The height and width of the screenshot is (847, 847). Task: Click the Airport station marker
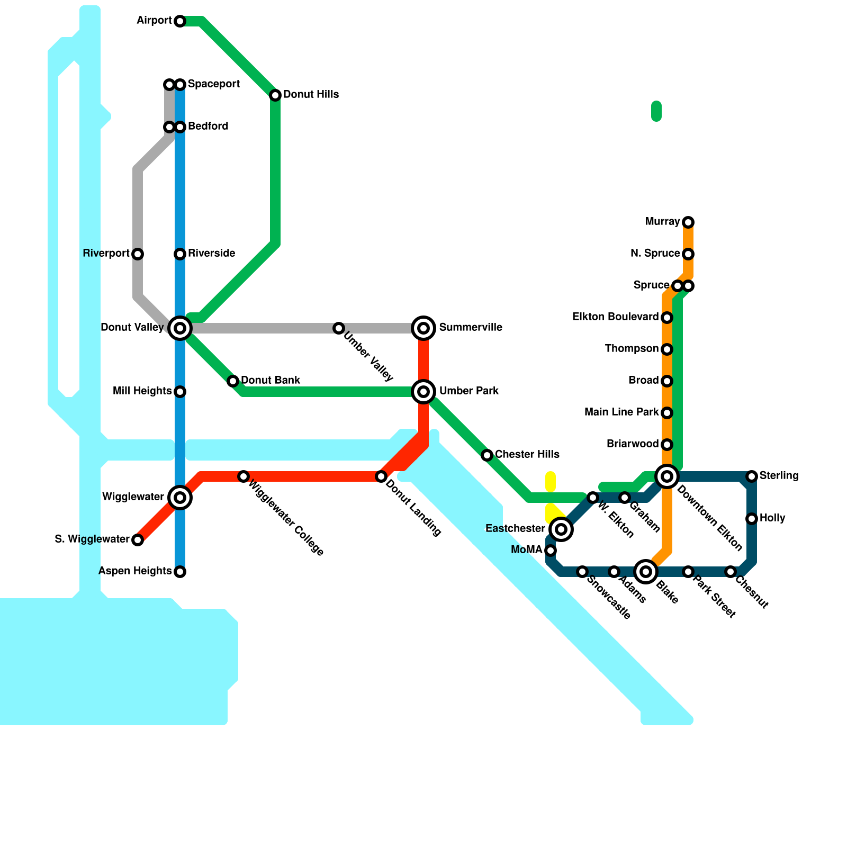tap(180, 21)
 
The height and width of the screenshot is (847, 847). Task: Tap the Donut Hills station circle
tap(275, 95)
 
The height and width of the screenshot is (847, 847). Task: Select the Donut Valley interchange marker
tap(180, 328)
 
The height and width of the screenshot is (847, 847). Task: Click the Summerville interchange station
tap(424, 328)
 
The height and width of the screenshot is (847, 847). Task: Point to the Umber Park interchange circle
tap(424, 392)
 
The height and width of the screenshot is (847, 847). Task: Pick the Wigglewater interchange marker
tap(180, 498)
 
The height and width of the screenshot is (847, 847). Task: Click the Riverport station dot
tap(138, 254)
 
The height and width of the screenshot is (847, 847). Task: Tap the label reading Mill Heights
tap(142, 391)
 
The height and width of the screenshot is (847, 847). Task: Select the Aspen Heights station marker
tap(180, 572)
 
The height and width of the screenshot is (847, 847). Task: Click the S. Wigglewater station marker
tap(138, 540)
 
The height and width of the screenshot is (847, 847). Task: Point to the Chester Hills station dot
tap(487, 455)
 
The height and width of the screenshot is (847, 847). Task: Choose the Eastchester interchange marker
tap(561, 529)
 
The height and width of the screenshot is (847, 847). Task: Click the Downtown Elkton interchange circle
tap(667, 476)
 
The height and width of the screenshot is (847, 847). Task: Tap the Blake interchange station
tap(646, 572)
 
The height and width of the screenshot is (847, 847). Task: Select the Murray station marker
tap(688, 222)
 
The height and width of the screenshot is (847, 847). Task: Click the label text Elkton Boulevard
tap(615, 317)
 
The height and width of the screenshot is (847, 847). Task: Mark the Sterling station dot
tap(752, 476)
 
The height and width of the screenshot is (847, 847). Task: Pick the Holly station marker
tap(752, 519)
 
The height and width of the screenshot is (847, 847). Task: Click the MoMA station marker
tap(551, 551)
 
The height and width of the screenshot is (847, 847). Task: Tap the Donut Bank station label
tap(271, 381)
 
